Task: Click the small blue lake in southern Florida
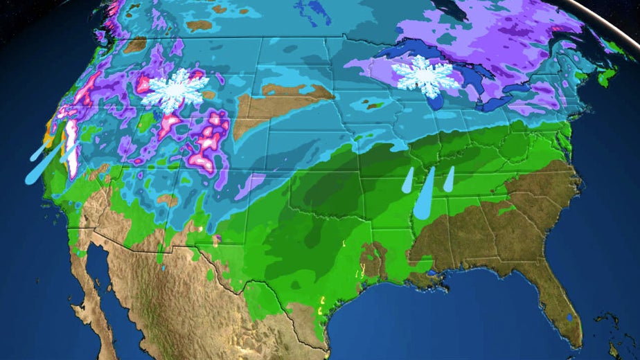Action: click(x=569, y=317)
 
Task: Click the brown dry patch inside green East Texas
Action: click(x=374, y=260)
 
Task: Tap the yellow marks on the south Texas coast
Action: click(x=321, y=300)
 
